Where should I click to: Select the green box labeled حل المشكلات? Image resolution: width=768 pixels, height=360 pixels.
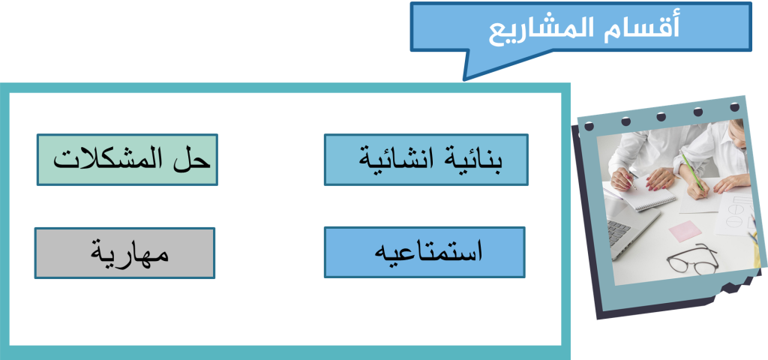point(127,160)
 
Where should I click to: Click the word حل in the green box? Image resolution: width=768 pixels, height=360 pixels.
point(191,159)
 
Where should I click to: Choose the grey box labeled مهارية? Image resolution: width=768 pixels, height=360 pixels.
point(125,253)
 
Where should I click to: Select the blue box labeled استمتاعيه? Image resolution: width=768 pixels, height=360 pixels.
point(424,252)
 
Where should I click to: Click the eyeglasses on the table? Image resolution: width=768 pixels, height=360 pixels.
point(691,260)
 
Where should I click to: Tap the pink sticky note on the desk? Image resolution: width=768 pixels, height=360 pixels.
point(685,231)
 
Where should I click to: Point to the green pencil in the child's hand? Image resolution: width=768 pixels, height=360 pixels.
point(693,172)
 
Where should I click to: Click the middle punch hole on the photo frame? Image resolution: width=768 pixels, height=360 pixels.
point(661,116)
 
